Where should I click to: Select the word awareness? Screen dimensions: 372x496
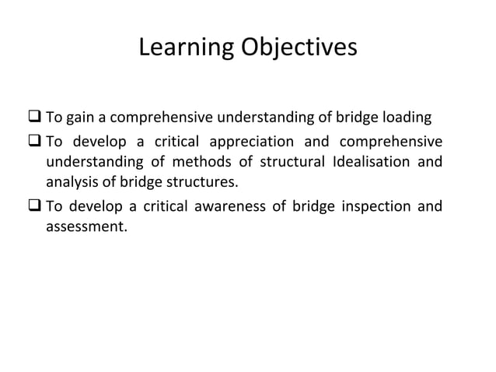(x=215, y=207)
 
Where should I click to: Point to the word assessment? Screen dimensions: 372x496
(x=85, y=229)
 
